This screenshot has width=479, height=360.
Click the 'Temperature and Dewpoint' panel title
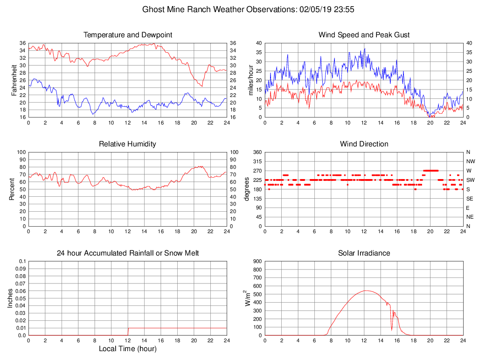click(x=128, y=35)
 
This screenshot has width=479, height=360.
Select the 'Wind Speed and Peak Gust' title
click(x=364, y=35)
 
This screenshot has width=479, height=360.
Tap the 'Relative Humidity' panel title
click(x=128, y=144)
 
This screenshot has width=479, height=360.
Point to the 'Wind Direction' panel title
click(x=364, y=144)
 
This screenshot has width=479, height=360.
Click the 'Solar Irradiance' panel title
click(x=364, y=253)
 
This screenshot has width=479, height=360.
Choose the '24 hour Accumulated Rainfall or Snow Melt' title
click(x=128, y=253)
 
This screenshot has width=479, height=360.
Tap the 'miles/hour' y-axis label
click(x=250, y=80)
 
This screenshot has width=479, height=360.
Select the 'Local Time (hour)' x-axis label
click(x=128, y=349)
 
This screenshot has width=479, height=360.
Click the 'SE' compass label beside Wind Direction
click(x=470, y=198)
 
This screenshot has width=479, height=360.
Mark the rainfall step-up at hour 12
click(x=128, y=332)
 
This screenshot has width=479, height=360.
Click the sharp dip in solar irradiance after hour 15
click(x=392, y=329)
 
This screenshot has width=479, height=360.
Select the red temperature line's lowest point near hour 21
click(x=202, y=86)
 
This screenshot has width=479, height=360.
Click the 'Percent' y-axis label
click(x=13, y=189)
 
